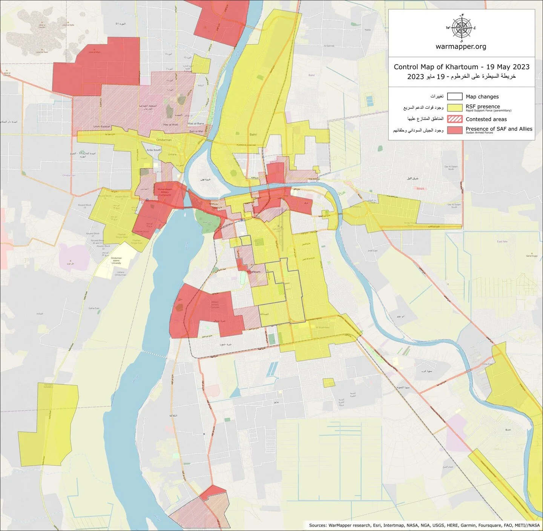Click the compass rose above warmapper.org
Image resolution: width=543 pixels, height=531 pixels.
[x=461, y=28]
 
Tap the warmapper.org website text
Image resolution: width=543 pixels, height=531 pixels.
[x=461, y=47]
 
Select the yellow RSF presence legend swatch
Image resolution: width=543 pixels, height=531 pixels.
[x=455, y=108]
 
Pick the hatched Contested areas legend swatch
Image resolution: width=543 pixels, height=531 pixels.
[x=455, y=119]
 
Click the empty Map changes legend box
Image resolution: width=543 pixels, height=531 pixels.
[x=455, y=97]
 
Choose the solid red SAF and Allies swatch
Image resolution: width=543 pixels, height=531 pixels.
[x=455, y=130]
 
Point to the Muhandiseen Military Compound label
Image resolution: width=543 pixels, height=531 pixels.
[x=165, y=192]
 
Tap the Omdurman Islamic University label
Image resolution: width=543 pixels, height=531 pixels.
[x=116, y=260]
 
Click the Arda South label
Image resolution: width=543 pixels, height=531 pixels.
[x=153, y=150]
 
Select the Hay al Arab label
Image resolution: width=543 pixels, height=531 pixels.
[x=170, y=124]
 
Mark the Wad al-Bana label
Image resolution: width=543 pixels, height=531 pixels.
[x=195, y=124]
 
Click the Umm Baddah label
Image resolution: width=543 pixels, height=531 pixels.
[x=102, y=127]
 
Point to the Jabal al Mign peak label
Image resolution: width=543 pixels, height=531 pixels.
[x=94, y=52]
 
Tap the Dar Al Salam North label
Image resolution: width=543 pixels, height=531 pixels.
[x=451, y=168]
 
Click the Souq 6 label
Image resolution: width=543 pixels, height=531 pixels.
[x=420, y=189]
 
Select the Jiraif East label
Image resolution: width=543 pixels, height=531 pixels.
[x=372, y=250]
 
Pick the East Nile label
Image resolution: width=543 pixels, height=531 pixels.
[x=502, y=241]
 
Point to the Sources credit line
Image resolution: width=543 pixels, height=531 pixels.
[x=424, y=525]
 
